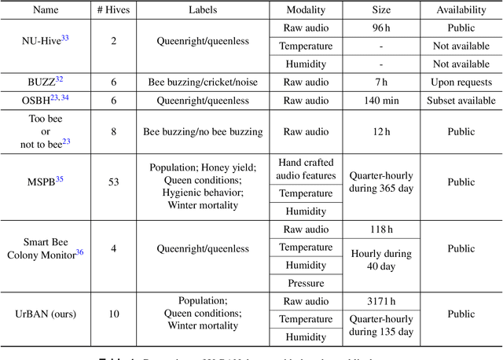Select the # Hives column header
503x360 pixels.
tap(115, 9)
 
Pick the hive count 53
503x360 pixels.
tap(115, 182)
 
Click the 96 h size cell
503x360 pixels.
tap(381, 28)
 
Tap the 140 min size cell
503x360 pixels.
tap(381, 100)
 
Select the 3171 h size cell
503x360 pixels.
tap(381, 301)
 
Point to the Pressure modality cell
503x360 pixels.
tap(306, 283)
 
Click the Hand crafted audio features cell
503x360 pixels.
tap(306, 169)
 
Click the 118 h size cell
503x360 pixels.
tap(381, 229)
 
